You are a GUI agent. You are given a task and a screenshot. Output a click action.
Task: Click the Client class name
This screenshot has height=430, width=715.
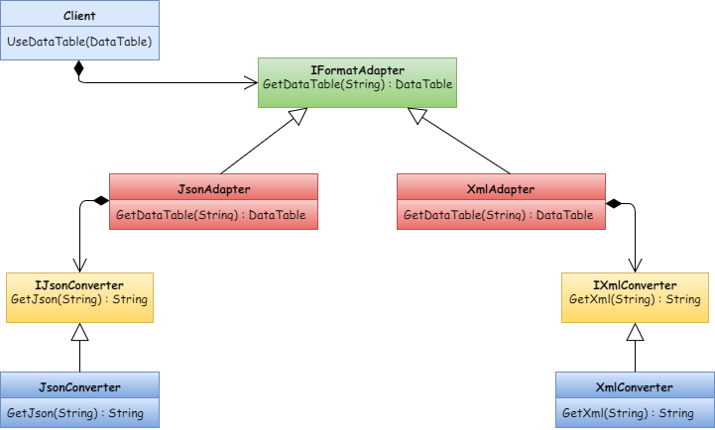tap(78, 17)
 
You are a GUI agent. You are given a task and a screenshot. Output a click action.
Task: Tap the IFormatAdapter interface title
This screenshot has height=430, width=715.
tap(357, 69)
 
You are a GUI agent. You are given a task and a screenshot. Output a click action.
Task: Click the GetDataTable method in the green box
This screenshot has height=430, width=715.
tap(357, 85)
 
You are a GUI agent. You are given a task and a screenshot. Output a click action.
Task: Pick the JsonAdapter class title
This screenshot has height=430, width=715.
tap(213, 188)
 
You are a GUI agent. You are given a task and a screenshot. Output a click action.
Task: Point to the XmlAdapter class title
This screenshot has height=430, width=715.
tap(500, 188)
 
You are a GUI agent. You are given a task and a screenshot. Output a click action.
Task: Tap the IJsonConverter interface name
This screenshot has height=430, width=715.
tap(80, 285)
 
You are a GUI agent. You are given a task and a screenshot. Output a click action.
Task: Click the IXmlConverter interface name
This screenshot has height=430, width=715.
tap(636, 285)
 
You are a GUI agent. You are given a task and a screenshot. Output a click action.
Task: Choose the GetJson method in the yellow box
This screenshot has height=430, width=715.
tap(79, 299)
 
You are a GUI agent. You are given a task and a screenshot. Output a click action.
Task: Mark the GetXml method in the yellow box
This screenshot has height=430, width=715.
tap(636, 299)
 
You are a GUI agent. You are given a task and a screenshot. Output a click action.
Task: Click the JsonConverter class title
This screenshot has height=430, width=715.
tap(79, 386)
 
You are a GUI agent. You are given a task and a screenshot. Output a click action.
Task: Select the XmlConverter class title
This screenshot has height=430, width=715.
tap(635, 386)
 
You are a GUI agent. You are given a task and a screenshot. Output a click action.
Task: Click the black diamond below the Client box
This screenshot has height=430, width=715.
tap(78, 69)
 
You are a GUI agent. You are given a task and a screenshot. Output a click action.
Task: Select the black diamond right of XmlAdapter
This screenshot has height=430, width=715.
tap(615, 203)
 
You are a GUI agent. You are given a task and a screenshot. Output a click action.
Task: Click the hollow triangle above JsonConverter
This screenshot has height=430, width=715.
tap(79, 333)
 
